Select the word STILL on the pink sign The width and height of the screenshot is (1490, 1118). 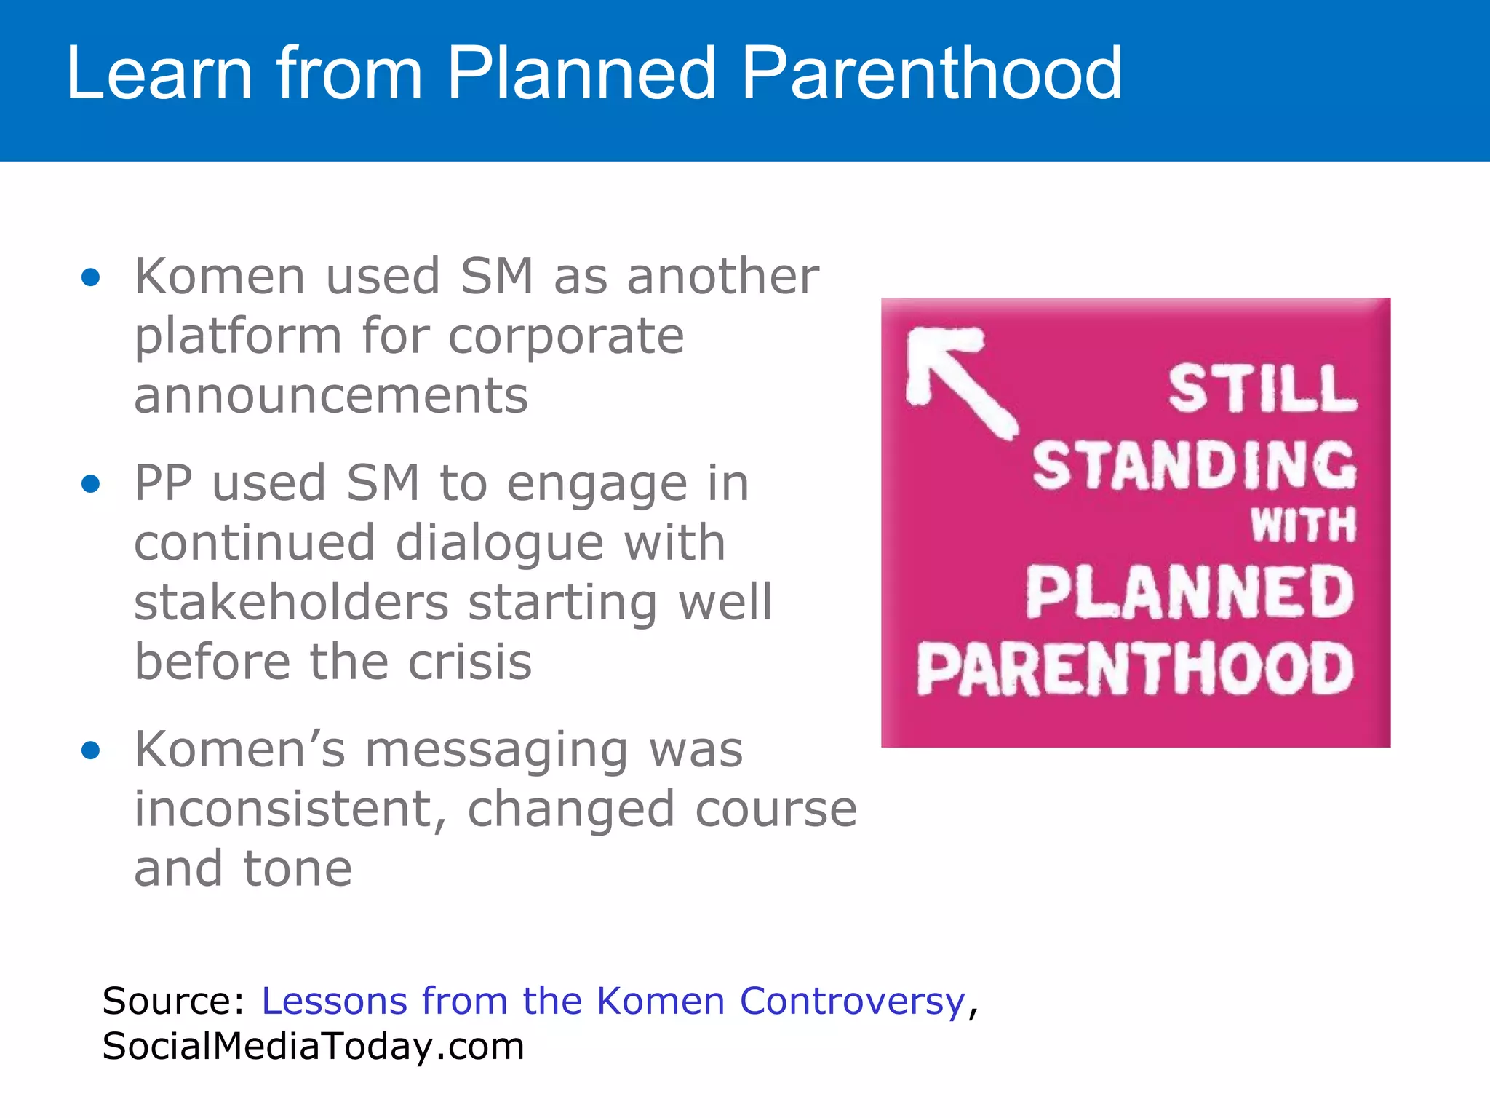1262,389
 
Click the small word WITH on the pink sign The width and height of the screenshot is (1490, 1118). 1303,525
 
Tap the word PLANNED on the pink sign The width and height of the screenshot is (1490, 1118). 1190,593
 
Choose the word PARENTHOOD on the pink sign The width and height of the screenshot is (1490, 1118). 1135,669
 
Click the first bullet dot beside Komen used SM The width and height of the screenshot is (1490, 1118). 91,277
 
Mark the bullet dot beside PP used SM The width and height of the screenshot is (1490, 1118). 91,484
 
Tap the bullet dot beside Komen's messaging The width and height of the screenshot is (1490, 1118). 91,750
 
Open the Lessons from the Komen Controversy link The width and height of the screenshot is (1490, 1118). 613,1001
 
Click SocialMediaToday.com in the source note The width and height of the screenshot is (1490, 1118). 313,1046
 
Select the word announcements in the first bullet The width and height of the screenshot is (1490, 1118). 331,396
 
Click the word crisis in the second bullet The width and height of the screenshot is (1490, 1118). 469,662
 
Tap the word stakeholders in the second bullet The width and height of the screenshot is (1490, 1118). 291,603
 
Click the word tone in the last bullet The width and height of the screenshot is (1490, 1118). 298,869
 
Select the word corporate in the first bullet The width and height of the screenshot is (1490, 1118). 566,336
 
